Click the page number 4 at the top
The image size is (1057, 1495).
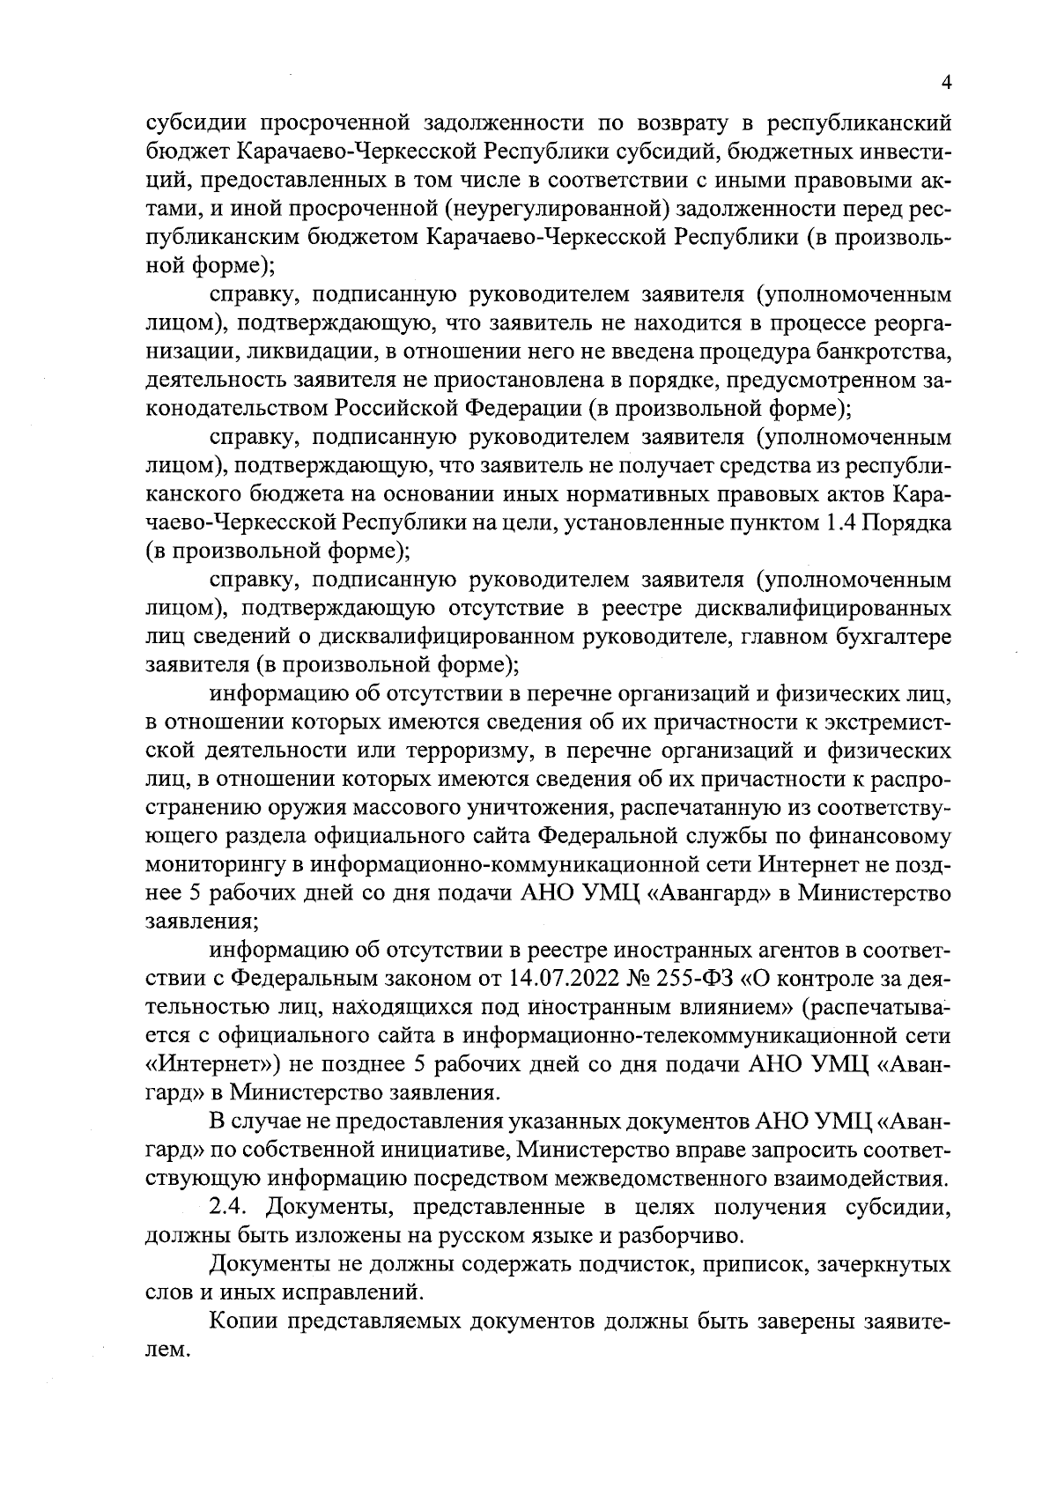coord(947,83)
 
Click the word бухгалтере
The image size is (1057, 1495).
coord(887,638)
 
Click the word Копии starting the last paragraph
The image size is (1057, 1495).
coord(243,1322)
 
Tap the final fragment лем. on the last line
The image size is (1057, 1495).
coord(166,1351)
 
